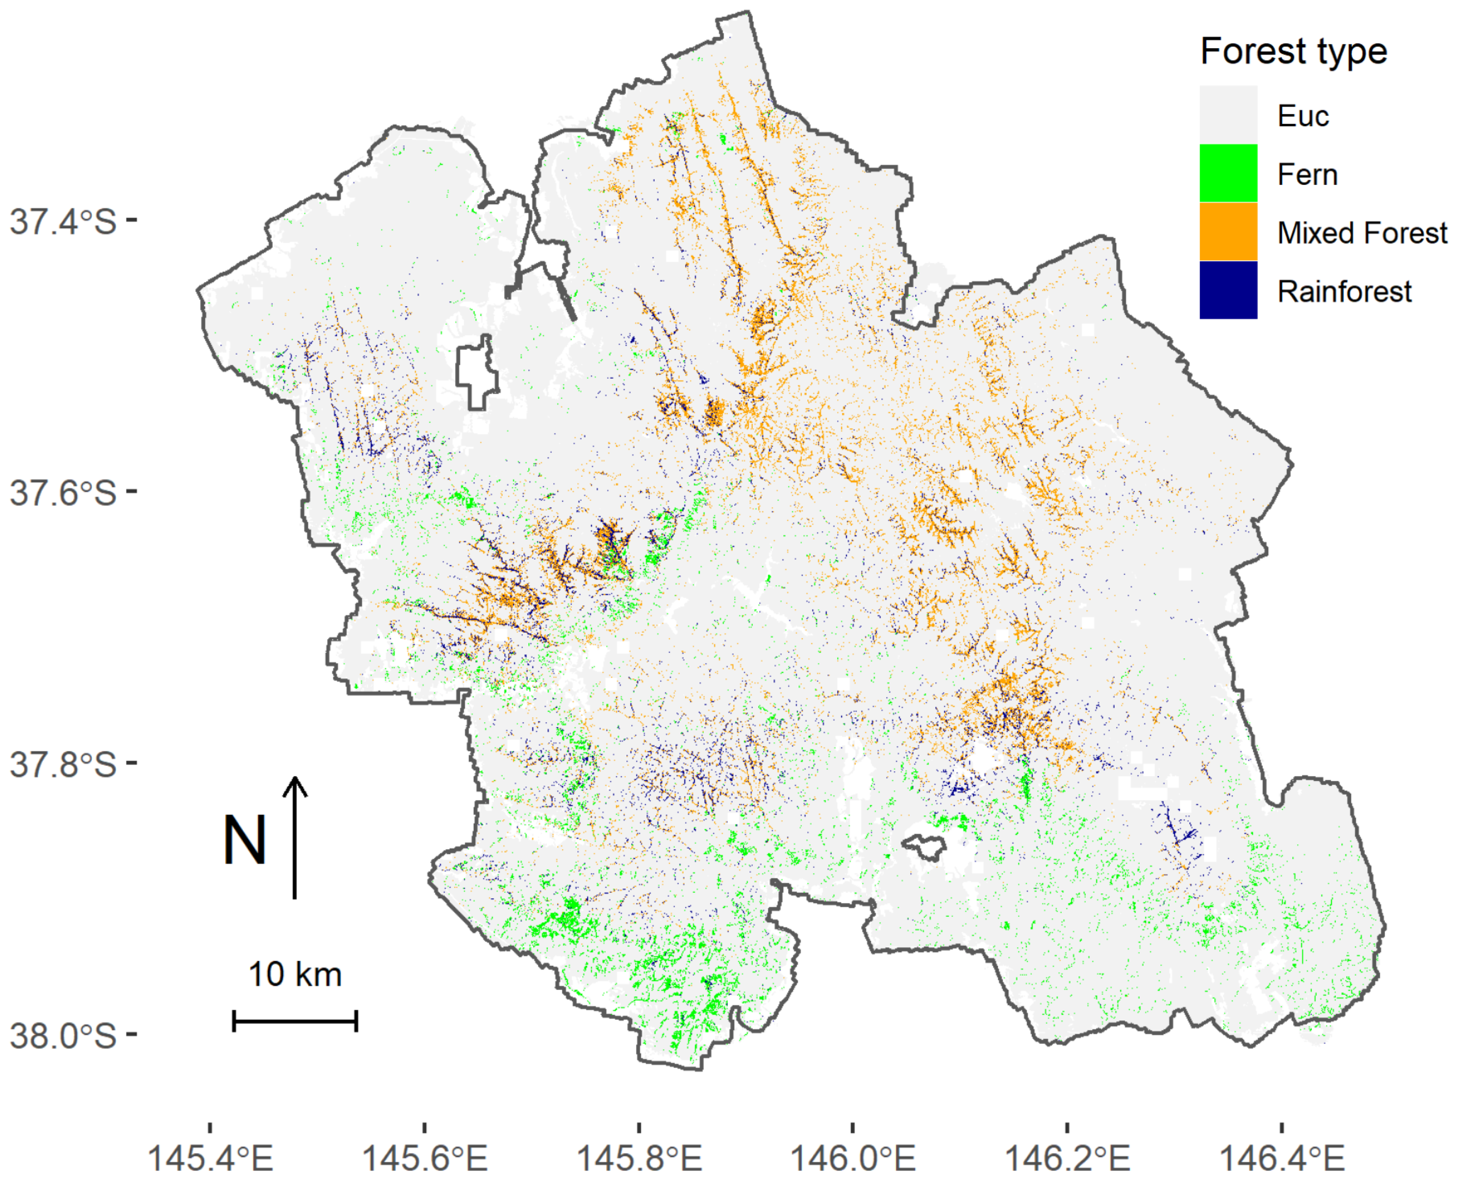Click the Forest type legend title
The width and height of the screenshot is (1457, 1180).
pos(1293,52)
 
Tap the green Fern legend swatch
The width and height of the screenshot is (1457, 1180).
pos(1228,173)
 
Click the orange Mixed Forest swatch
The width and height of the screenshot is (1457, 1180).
pos(1228,232)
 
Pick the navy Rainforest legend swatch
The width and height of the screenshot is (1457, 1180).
pos(1228,290)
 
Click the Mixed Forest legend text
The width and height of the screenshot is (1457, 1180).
pos(1362,233)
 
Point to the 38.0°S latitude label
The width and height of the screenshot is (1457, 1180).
pos(63,1036)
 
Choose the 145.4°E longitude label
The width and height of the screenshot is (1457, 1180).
pos(210,1157)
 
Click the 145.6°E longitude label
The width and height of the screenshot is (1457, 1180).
pos(425,1157)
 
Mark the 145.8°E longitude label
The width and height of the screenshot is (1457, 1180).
pos(639,1157)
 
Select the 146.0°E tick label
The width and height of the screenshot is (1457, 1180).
pos(853,1157)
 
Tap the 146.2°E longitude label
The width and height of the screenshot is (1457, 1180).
pos(1067,1157)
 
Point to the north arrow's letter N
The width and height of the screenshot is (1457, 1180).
pos(245,841)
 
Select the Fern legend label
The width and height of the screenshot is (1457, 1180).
pos(1307,175)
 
